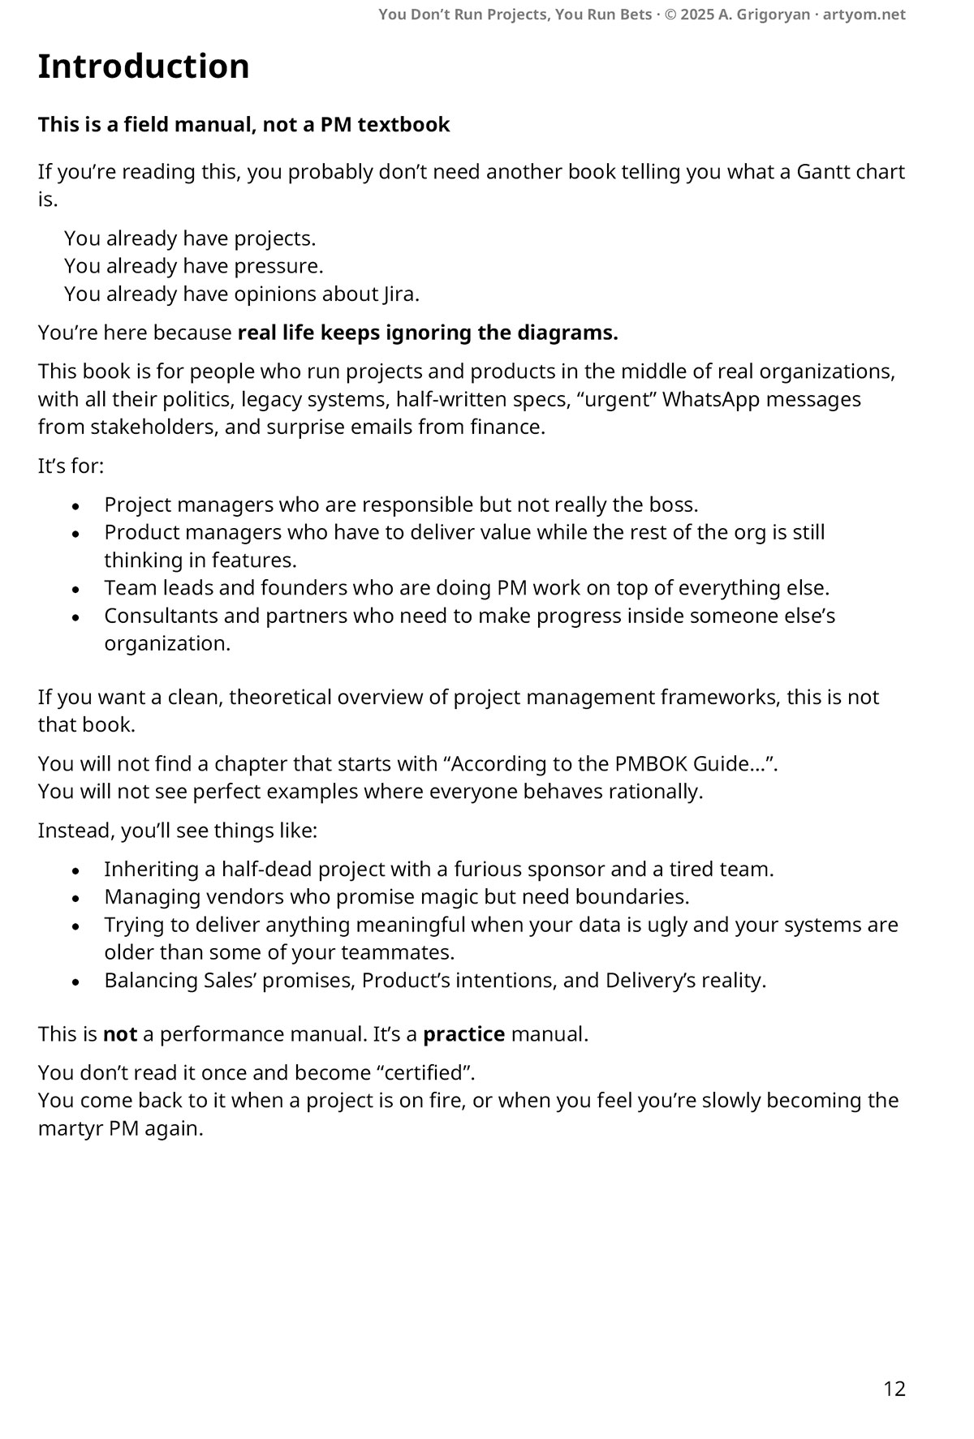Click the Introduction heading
144,67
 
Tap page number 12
894,1389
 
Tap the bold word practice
464,1034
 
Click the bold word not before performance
119,1034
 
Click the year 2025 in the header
697,15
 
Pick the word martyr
71,1128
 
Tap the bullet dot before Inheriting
76,870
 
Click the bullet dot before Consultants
76,616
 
